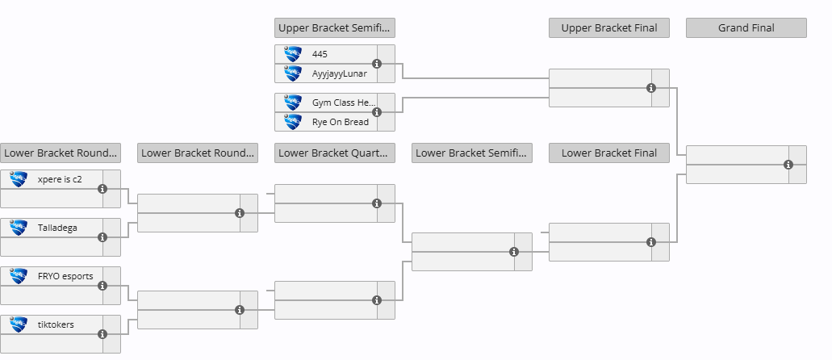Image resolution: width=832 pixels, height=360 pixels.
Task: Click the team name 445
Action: pos(320,54)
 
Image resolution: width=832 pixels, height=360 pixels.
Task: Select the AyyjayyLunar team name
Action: pos(339,73)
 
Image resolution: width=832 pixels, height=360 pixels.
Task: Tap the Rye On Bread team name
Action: pos(340,122)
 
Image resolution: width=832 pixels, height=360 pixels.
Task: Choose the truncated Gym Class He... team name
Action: pos(344,103)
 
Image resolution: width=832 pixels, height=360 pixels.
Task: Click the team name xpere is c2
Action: pos(60,179)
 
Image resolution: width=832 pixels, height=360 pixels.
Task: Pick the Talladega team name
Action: pos(57,228)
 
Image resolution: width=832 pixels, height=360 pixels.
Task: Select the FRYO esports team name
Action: pos(65,276)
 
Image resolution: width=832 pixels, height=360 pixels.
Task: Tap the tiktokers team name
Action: pos(56,324)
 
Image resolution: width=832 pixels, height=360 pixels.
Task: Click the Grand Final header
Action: pos(746,27)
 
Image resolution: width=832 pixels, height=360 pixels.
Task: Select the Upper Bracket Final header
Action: pos(608,27)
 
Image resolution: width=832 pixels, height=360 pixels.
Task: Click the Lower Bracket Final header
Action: pos(608,153)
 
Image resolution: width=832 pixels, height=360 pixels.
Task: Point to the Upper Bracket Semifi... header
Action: pos(334,27)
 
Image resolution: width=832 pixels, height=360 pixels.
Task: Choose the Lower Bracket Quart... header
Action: pos(334,153)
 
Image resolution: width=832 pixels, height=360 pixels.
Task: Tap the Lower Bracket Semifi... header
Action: pos(471,153)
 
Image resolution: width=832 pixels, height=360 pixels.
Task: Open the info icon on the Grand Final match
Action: pos(788,165)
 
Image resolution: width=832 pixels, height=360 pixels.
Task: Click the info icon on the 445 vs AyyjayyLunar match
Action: pos(377,64)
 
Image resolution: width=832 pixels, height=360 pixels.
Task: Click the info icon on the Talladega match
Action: pos(102,237)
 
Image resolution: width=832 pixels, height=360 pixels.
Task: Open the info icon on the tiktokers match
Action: pos(102,334)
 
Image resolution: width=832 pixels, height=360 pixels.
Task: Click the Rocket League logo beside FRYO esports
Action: pos(19,276)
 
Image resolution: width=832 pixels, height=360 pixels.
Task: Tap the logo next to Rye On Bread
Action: pos(293,122)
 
